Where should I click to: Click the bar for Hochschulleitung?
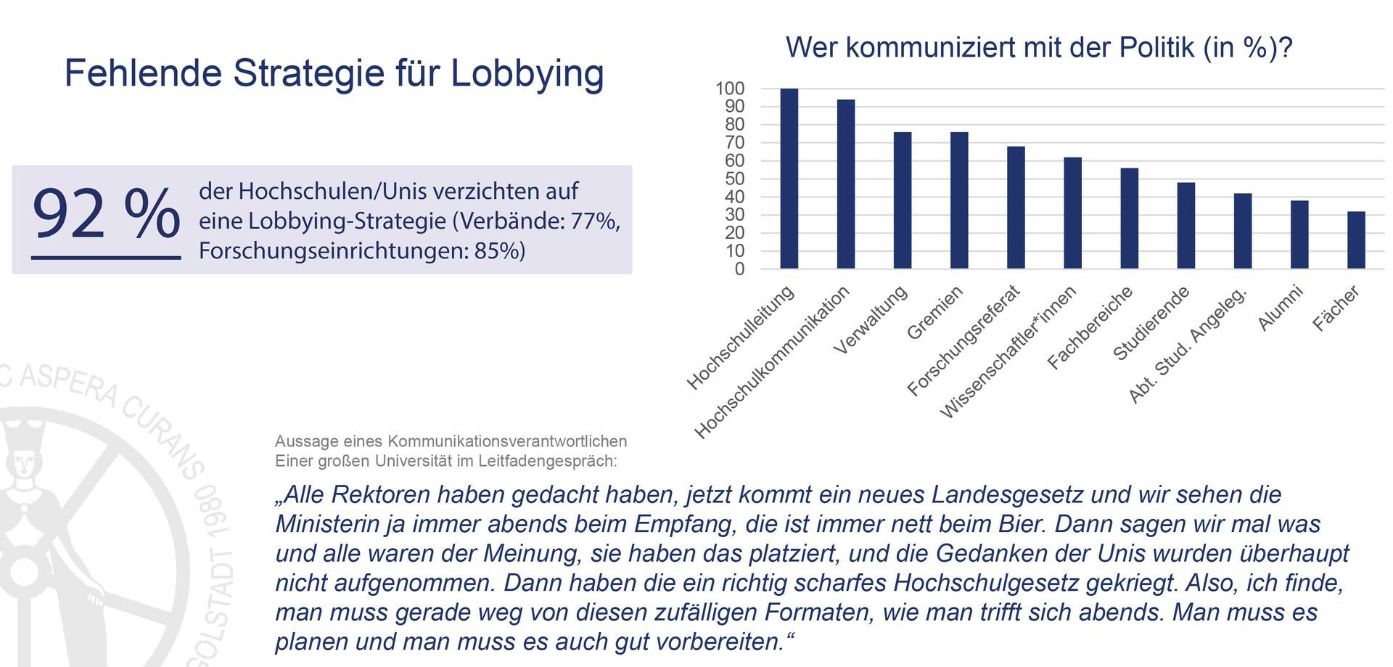(789, 179)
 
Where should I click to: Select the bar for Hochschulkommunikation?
(845, 184)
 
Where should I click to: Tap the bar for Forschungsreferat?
(1016, 208)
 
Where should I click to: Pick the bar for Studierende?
(1186, 226)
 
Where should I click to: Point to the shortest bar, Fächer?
(1356, 240)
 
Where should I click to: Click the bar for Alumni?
(1299, 234)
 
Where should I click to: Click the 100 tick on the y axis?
(730, 89)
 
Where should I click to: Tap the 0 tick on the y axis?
(739, 269)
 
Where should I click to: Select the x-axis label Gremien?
(935, 312)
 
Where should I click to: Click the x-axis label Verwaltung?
(871, 319)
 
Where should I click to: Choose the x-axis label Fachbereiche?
(1090, 327)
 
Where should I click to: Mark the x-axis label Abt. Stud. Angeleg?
(1188, 345)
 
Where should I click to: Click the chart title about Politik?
(1039, 48)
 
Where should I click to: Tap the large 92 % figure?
(106, 213)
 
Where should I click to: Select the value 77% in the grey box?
(594, 221)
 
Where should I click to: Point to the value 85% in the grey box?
(499, 250)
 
